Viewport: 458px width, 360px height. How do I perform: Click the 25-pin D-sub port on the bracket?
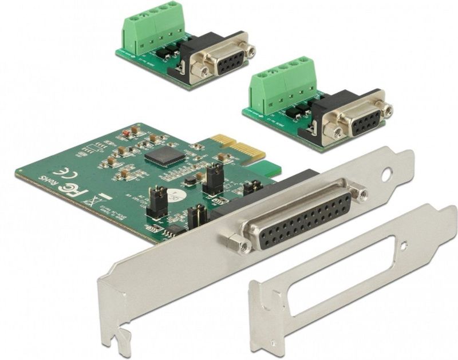coord(302,218)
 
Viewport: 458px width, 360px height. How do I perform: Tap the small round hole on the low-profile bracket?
coord(405,248)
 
